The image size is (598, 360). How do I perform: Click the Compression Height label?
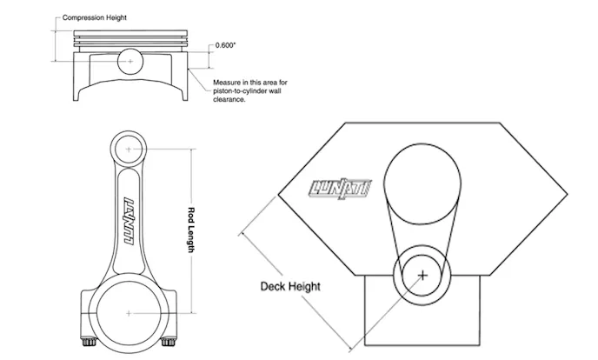94,17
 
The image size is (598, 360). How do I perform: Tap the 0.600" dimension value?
225,45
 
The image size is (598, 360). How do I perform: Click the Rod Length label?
191,230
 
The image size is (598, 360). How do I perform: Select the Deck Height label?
290,286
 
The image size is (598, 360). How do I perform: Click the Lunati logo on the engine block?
340,189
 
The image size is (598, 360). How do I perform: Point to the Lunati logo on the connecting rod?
130,221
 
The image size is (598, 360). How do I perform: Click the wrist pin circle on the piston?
130,61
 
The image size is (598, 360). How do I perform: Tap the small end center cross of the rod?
129,149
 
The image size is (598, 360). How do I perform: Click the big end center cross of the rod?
129,313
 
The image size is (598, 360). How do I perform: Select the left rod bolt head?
89,342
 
